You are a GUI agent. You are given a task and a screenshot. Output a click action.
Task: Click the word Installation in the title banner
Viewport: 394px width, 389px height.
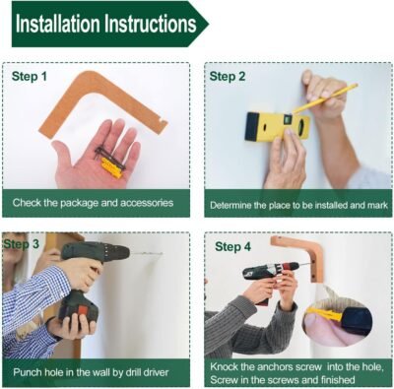coord(57,24)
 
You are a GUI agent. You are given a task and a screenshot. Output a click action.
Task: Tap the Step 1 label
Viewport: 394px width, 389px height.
coord(30,77)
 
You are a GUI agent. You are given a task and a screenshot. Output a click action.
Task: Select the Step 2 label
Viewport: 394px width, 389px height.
coord(228,77)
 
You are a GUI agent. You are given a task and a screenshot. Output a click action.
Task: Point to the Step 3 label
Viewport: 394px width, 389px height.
coord(22,244)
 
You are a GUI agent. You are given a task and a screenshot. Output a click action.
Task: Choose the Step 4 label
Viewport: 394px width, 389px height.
coord(232,247)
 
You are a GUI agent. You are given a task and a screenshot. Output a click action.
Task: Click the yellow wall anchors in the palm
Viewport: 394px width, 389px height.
coord(111,167)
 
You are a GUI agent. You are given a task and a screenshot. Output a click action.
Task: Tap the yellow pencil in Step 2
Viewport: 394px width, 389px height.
coord(325,98)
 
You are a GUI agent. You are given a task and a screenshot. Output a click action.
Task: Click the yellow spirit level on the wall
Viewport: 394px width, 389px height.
coord(278,126)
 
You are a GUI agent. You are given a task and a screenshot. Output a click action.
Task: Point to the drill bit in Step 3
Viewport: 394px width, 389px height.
coord(146,254)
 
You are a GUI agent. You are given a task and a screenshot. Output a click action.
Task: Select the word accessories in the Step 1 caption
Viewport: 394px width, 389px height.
coord(147,203)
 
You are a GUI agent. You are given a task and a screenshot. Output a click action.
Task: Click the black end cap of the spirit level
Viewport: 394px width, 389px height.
coord(253,127)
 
